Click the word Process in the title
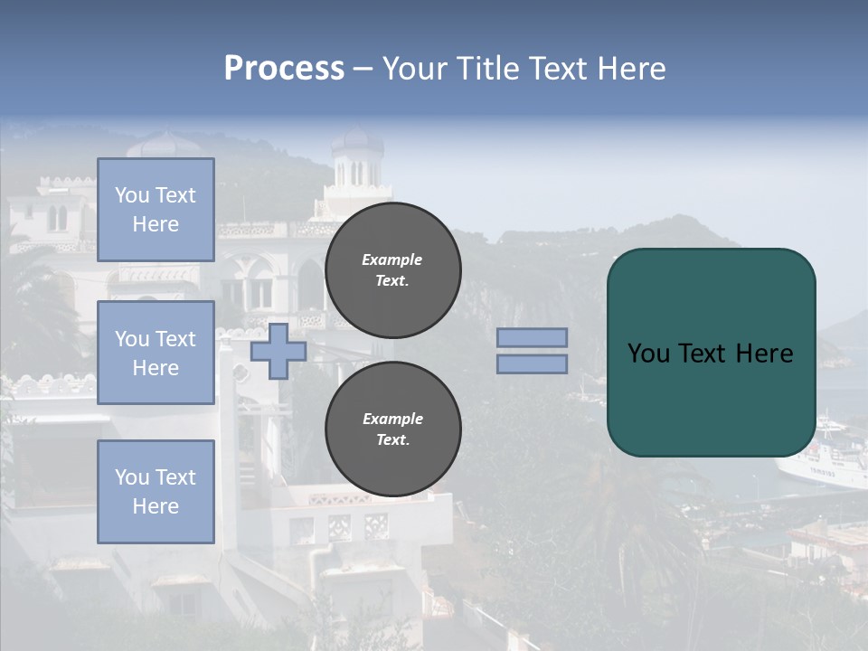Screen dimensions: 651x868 tap(284, 69)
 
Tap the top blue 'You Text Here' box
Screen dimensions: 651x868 tap(156, 210)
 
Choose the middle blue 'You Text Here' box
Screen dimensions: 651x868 tap(156, 353)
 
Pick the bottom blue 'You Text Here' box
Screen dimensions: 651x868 tap(156, 491)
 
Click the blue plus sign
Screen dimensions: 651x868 tap(278, 351)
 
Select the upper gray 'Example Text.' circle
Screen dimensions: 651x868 tap(392, 269)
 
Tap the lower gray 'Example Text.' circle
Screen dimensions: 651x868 tap(392, 429)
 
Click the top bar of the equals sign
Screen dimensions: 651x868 tap(532, 338)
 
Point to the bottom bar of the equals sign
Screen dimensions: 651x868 tap(532, 363)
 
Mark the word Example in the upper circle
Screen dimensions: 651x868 tap(392, 259)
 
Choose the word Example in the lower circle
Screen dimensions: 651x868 tap(392, 419)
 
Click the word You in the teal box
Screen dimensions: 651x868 tap(648, 354)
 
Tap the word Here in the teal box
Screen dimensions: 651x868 tap(764, 354)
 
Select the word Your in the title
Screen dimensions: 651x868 tap(414, 69)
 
